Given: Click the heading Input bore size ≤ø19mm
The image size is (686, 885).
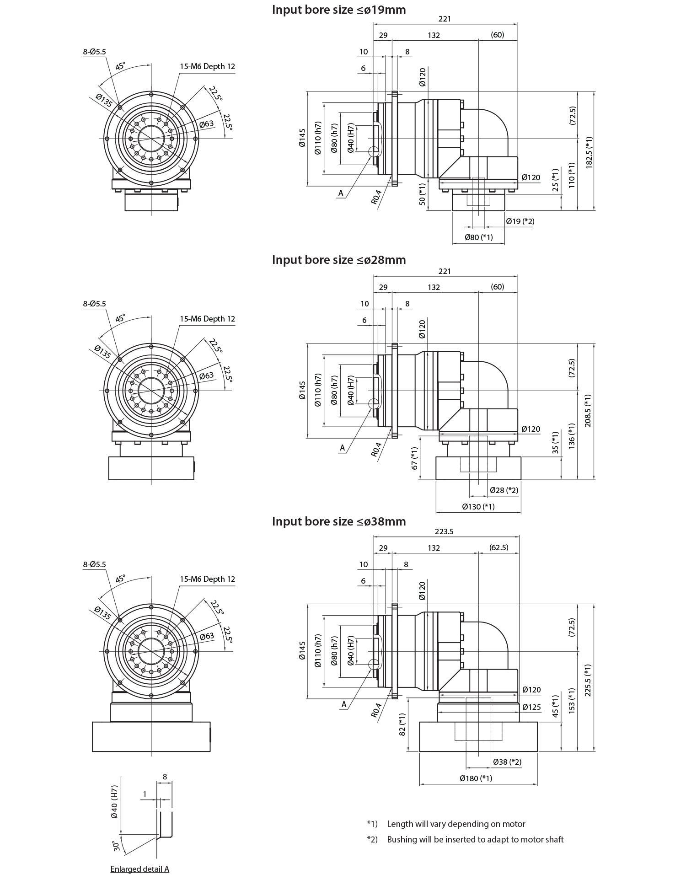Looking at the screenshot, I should point(339,10).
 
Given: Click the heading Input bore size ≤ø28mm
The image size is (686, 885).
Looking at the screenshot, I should point(339,260).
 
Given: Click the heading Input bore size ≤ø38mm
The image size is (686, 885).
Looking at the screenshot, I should point(339,521).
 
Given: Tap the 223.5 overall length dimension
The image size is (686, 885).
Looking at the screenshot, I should point(444,531).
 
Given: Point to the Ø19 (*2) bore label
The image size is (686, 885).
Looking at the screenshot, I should point(520,221).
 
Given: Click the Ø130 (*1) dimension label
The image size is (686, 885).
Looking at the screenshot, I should point(478,506).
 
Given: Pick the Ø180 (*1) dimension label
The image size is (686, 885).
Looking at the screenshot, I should point(476,778).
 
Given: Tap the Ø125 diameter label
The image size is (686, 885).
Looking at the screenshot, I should point(531,707).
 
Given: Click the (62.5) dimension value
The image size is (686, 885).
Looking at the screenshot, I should point(498,547).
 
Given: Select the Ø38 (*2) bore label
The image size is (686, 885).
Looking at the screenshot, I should point(507,762).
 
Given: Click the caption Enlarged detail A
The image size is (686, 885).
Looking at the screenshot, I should point(140,869).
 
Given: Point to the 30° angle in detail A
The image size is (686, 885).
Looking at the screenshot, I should point(117,846).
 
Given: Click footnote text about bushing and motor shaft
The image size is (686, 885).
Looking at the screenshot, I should point(475,839).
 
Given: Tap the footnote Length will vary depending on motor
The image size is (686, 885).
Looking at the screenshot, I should point(456,824).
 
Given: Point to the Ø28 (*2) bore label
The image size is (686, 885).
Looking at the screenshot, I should point(504,490).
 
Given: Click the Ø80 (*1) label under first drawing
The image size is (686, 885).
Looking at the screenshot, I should point(478,237).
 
